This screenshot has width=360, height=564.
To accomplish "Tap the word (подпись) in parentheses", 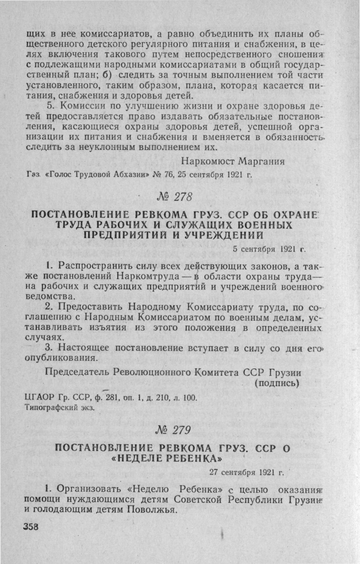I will (x=276, y=383).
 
